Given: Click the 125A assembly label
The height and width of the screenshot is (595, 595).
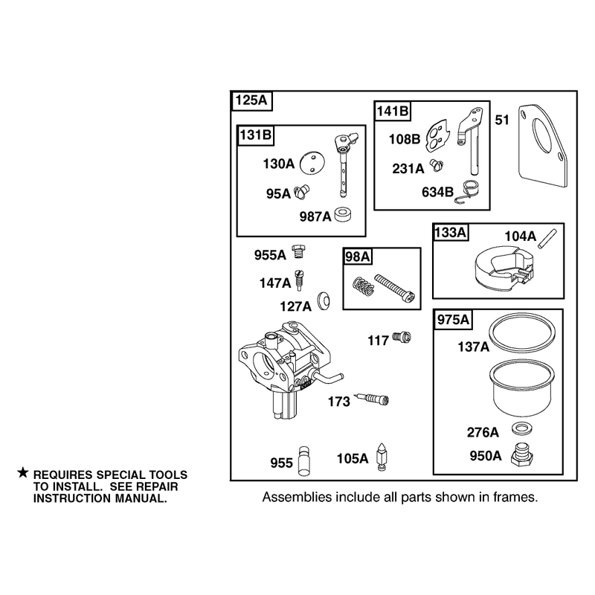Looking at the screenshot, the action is (x=251, y=100).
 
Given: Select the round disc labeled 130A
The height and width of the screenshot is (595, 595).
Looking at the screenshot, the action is (x=312, y=164).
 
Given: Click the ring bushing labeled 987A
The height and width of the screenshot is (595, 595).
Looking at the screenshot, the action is (x=343, y=214).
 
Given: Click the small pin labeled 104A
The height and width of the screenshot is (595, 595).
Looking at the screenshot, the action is (x=547, y=239).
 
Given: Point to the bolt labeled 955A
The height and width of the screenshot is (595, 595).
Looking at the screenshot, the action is (x=299, y=251).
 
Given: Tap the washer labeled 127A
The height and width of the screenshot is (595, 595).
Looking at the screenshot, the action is (x=324, y=301).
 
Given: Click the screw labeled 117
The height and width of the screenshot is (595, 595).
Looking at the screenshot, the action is (x=402, y=337).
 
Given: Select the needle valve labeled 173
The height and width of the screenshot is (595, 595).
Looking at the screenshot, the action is (x=371, y=399).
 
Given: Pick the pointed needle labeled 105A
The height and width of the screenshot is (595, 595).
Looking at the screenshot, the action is (x=382, y=457).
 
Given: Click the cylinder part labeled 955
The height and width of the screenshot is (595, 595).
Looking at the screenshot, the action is (x=303, y=460).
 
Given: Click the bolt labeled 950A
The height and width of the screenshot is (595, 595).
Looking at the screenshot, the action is (x=523, y=454).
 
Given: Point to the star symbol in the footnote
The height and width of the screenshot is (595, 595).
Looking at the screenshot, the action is (x=23, y=473).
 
